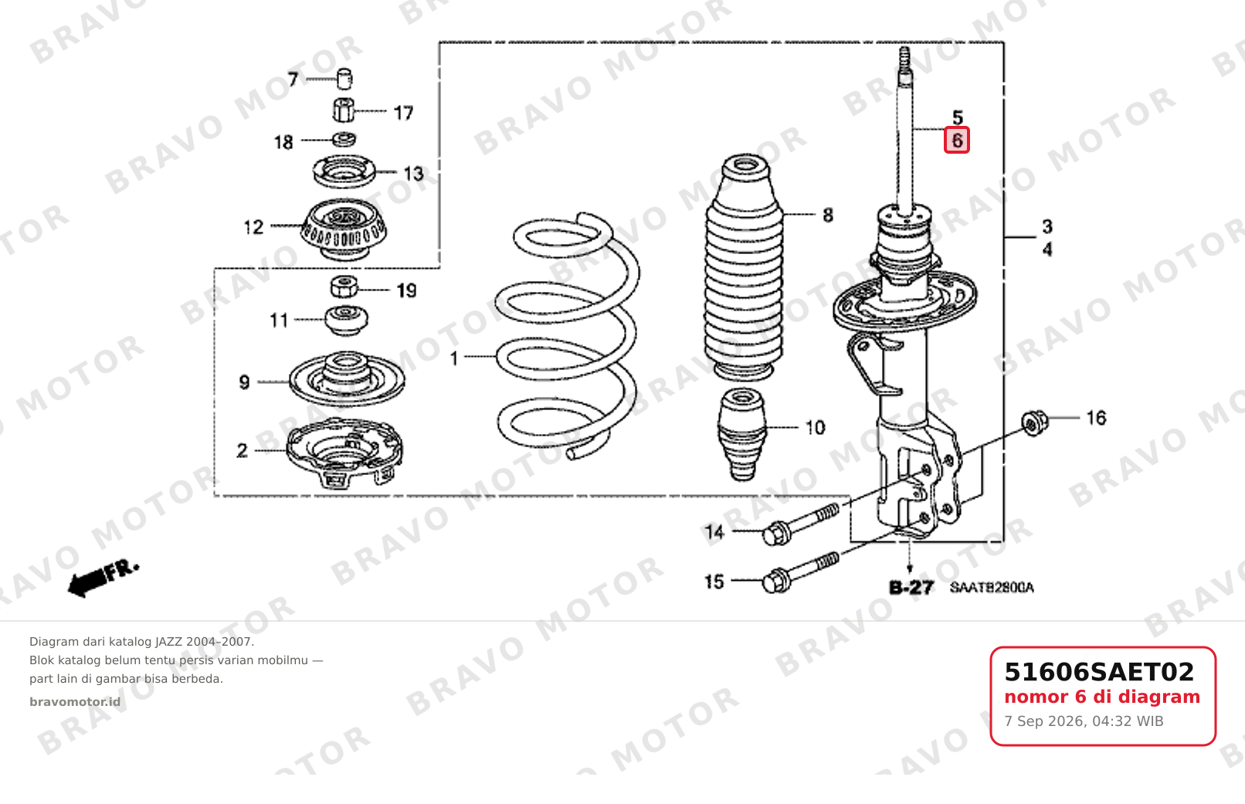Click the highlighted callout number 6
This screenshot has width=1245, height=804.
coord(957,140)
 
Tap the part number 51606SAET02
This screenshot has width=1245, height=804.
coord(1099,672)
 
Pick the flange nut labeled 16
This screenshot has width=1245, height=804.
coord(1034,422)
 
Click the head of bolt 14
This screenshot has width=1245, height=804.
coord(776,534)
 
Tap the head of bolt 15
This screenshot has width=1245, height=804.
coord(776,581)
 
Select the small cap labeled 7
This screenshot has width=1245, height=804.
coord(345,79)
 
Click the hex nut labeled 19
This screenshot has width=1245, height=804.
coord(344,287)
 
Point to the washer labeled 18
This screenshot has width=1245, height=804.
coord(344,139)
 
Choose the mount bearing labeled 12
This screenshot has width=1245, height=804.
coord(344,229)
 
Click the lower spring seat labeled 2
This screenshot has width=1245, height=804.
coord(344,453)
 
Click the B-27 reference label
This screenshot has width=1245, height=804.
coord(911,587)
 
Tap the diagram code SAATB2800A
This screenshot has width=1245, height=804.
coord(992,587)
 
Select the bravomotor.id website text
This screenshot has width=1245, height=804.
coord(75,702)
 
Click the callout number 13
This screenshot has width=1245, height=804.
coord(413,174)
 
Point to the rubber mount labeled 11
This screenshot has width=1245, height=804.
coord(346,321)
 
